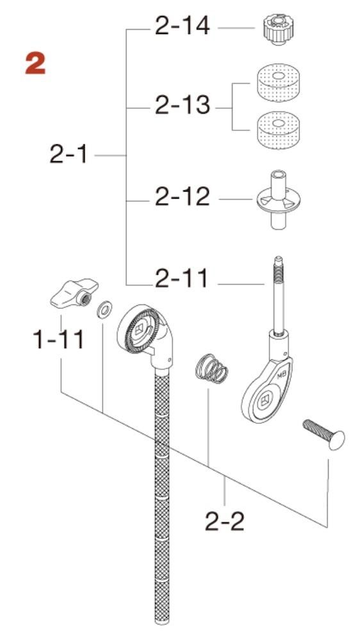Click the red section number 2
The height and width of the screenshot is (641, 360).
[35, 64]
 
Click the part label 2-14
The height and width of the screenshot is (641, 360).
[183, 26]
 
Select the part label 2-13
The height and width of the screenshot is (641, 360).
[183, 106]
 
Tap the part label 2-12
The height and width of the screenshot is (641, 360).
[183, 197]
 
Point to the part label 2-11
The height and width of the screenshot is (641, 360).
[181, 278]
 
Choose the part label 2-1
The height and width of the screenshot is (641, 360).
[69, 154]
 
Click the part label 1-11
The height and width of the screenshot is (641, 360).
[58, 339]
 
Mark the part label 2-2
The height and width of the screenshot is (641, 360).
[225, 521]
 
